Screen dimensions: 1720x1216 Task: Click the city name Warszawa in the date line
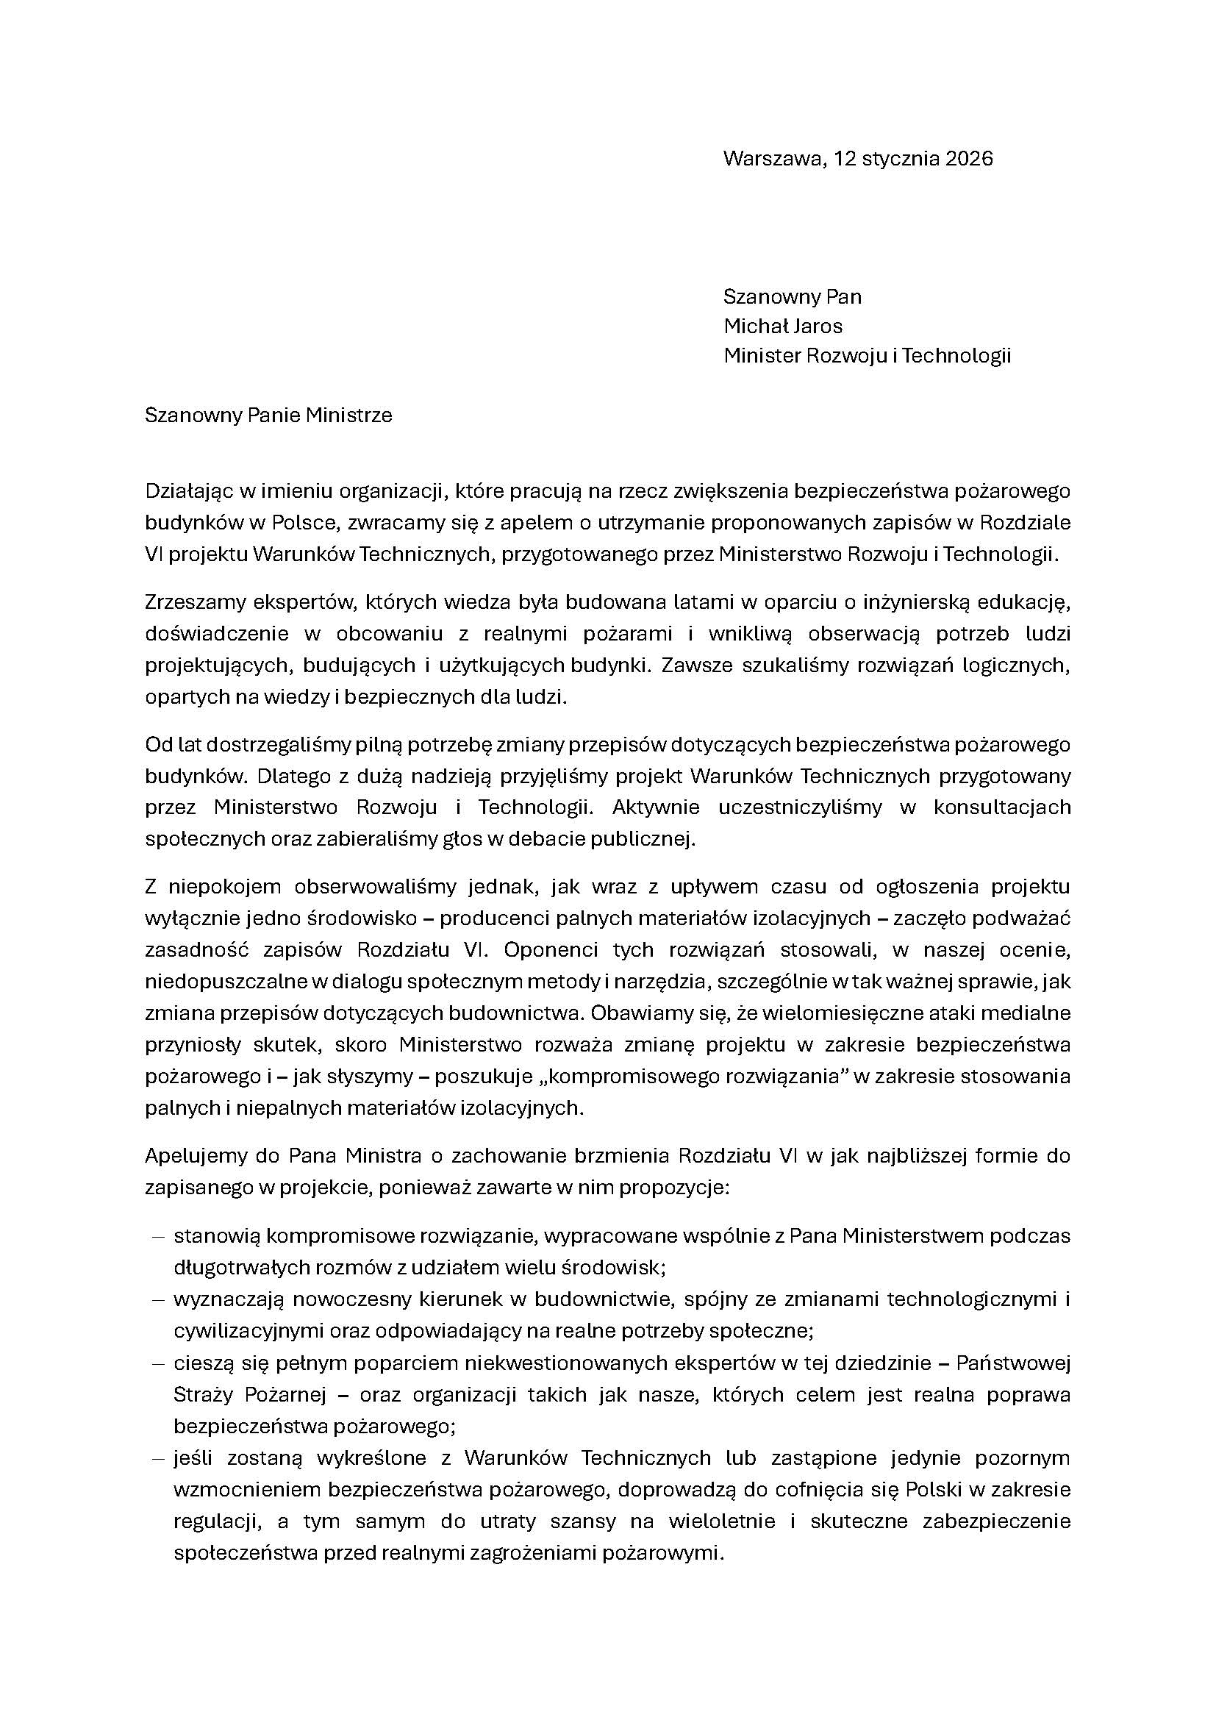point(773,159)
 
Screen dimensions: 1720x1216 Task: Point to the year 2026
point(969,159)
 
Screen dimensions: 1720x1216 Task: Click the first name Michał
point(753,326)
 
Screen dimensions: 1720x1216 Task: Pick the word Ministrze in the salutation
point(350,415)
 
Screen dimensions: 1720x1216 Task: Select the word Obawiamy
point(634,1013)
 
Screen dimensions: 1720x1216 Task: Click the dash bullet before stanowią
point(158,1236)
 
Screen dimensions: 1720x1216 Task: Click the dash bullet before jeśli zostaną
point(158,1458)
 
